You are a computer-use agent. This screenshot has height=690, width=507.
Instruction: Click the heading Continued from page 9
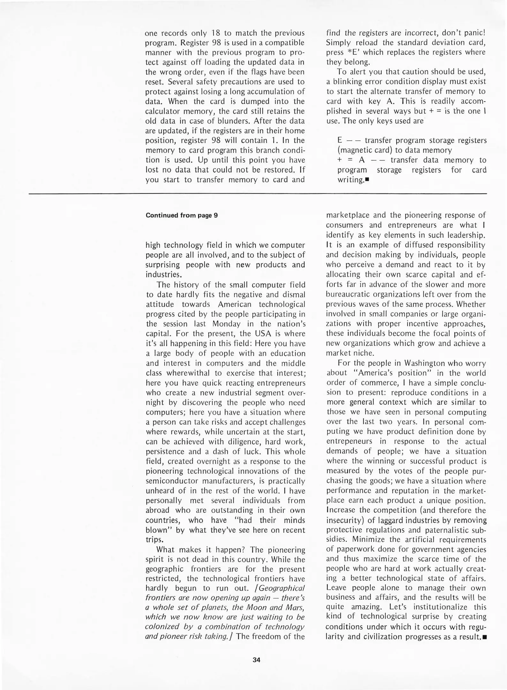[182, 215]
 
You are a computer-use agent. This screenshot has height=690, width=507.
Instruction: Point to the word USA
[263, 333]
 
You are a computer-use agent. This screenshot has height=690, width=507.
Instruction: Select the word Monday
[226, 324]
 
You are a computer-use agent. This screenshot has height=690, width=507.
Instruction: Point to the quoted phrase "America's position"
[394, 373]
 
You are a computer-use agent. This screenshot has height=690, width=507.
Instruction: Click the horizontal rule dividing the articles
[258, 194]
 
